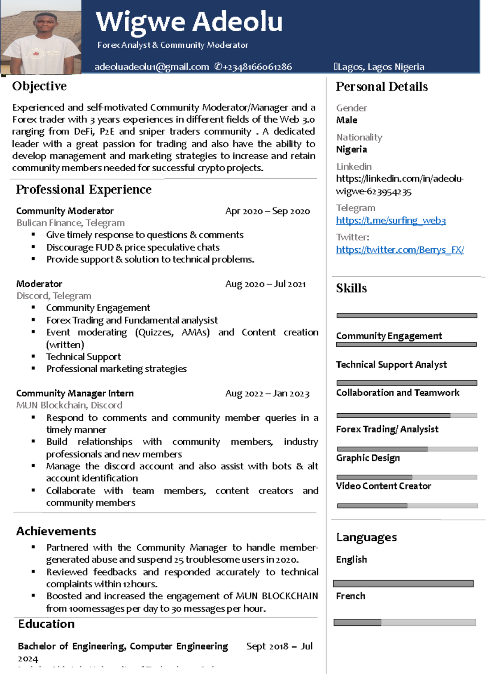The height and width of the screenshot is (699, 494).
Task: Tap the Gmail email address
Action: [151, 67]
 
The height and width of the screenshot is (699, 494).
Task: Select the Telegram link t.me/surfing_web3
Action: [391, 220]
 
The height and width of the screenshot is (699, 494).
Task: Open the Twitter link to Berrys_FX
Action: [400, 249]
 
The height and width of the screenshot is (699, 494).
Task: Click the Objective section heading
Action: [39, 86]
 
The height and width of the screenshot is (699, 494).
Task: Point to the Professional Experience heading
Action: [84, 189]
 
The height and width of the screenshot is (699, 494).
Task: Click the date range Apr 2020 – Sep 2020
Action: [267, 211]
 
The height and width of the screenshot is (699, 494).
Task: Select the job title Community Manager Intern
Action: [75, 393]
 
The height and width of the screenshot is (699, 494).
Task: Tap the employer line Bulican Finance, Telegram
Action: [70, 223]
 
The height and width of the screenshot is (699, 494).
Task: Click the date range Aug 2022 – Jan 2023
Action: [267, 394]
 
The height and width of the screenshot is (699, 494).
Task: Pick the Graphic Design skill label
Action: [368, 458]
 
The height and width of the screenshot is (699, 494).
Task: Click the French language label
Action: [350, 596]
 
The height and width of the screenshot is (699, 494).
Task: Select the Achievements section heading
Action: [56, 531]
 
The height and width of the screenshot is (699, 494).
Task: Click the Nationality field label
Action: [359, 137]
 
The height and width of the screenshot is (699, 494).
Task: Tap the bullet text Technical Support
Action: [84, 356]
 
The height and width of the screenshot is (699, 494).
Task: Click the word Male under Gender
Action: [347, 120]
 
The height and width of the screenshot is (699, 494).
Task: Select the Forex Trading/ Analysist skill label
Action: [387, 429]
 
